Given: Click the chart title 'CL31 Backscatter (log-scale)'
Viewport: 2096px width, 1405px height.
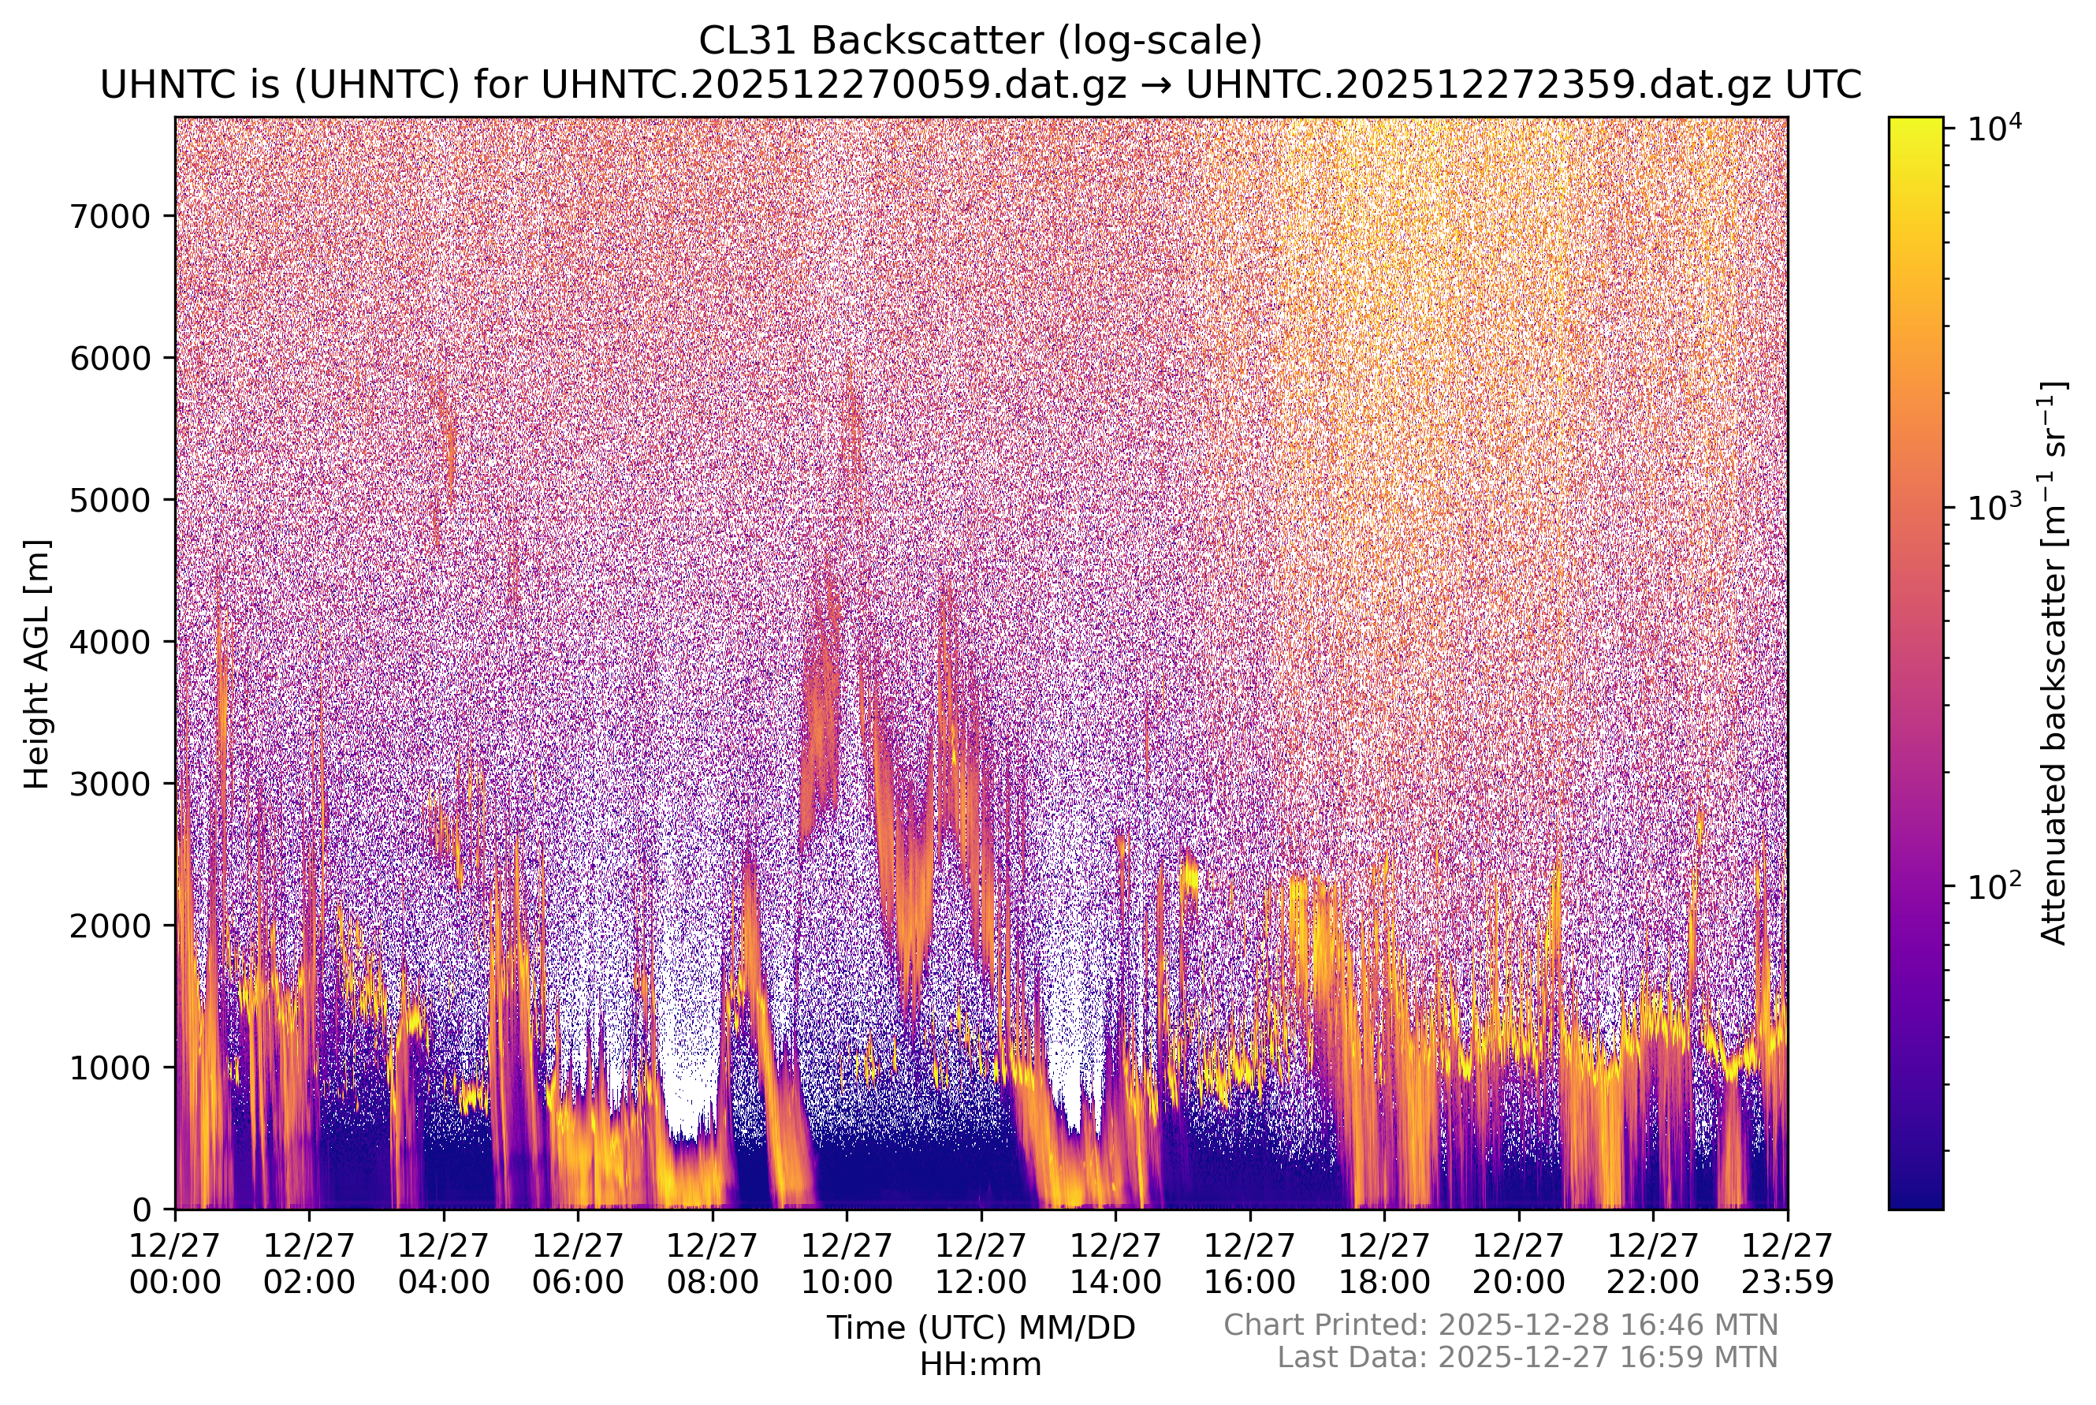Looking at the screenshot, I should click(980, 41).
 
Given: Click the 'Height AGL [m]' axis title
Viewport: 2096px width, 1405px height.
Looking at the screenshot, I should click(38, 664).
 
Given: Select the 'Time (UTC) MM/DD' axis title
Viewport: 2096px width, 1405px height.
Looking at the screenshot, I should click(980, 1328).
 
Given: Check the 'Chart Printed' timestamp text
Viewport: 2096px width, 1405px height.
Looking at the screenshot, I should click(1500, 1325).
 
